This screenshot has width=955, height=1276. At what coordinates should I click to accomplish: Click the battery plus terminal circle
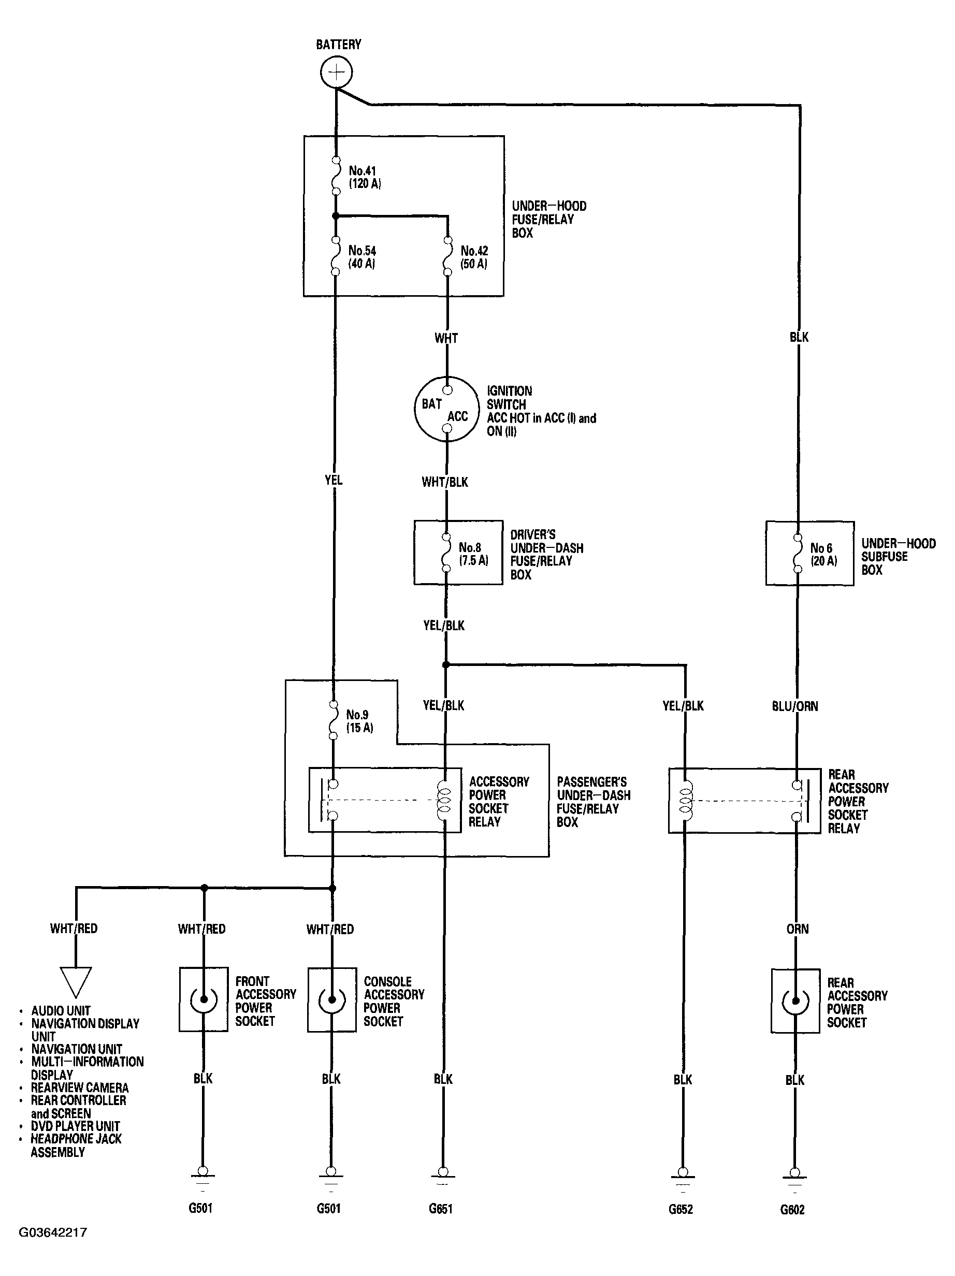(336, 72)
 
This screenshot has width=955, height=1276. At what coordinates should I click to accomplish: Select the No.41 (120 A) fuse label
(365, 177)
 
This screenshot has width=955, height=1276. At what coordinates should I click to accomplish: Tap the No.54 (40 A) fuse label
(362, 257)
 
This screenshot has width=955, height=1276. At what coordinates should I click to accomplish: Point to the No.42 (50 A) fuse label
(474, 257)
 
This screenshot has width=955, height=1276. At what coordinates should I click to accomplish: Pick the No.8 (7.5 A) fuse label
(473, 554)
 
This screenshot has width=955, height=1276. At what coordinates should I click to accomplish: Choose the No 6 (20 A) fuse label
(823, 554)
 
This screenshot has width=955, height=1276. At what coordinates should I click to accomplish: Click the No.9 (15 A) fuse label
(359, 721)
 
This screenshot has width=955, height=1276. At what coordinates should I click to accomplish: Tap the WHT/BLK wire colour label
(445, 482)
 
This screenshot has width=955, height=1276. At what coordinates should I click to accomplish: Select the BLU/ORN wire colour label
(794, 706)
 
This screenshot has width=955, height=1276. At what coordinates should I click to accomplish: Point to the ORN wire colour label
(798, 929)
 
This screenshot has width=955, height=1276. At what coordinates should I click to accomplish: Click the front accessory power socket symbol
(203, 999)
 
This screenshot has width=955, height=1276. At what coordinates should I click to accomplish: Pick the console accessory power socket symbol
(331, 999)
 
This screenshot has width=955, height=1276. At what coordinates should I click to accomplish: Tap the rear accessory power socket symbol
(795, 1001)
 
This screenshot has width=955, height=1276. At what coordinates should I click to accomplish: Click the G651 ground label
(441, 1209)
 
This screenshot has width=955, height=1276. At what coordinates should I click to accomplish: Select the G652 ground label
(681, 1209)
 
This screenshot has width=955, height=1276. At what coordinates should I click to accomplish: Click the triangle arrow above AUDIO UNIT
(76, 982)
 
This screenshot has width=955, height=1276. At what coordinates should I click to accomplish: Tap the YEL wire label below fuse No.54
(334, 480)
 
